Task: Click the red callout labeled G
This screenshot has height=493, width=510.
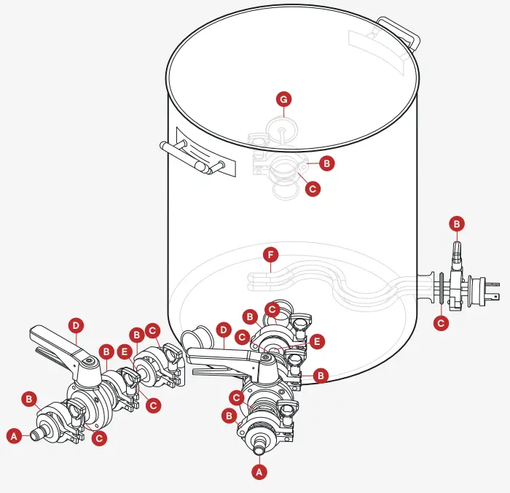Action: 285,98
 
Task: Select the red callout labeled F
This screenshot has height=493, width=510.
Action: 271,255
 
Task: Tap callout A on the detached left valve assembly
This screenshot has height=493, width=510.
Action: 13,435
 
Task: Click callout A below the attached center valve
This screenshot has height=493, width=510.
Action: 258,472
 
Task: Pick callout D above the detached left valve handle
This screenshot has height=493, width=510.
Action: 76,324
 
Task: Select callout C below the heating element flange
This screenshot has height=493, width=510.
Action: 442,322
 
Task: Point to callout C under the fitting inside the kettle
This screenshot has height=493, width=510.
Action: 313,188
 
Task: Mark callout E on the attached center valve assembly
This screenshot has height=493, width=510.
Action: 315,341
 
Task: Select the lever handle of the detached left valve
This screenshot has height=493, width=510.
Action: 55,343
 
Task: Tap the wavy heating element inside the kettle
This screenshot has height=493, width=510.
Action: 328,284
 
